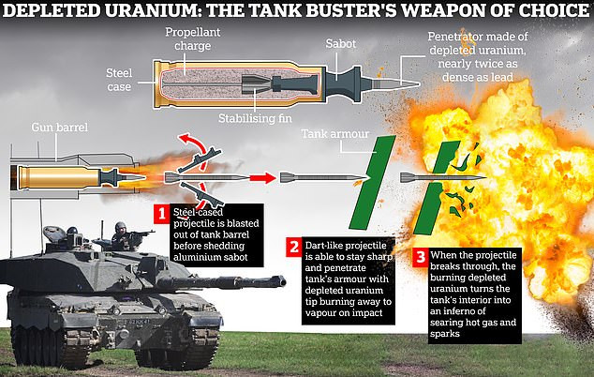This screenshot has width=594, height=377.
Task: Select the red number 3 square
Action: pyautogui.click(x=419, y=256)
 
